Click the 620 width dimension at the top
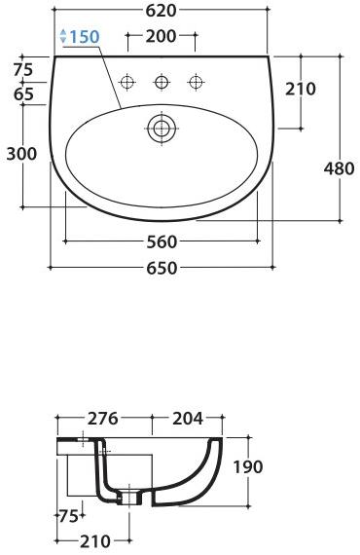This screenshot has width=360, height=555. click(x=162, y=11)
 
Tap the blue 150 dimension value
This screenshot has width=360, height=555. click(x=85, y=36)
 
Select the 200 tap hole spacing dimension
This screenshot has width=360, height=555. click(x=161, y=36)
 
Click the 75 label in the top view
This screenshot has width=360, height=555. click(x=23, y=69)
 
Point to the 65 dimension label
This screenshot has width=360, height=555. click(x=24, y=94)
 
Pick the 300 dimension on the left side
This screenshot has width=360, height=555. click(x=21, y=154)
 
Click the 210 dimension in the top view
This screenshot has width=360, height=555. click(x=301, y=89)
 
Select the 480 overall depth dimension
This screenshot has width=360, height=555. click(x=339, y=168)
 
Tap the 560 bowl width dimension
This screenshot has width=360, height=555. click(x=162, y=242)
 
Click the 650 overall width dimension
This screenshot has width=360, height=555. click(x=162, y=268)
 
